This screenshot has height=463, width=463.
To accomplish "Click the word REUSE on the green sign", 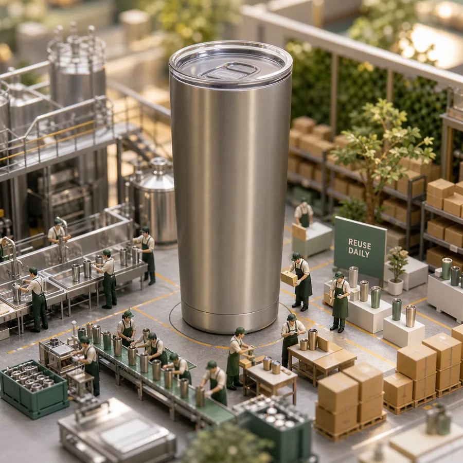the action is [x=360, y=244].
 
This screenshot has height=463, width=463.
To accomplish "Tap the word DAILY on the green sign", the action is [x=359, y=253].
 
